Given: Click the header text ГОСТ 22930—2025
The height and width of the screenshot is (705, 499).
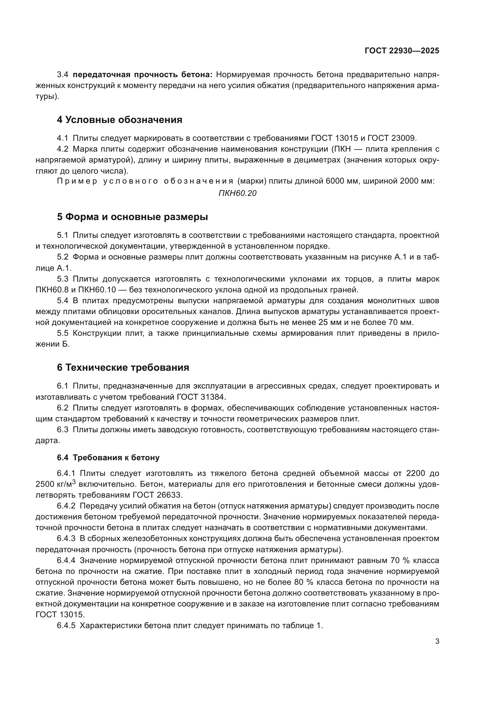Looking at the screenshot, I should coord(402,51).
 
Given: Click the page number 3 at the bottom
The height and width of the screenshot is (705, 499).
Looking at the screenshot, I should coord(437,641).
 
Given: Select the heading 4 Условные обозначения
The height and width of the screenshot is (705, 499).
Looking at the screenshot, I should coord(119,120).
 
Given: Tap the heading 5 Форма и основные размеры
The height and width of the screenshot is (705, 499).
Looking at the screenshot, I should coord(132,217).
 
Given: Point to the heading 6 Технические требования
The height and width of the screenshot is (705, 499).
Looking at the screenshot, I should coord(123,367).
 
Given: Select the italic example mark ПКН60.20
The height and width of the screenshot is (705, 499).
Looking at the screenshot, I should coord(237,193).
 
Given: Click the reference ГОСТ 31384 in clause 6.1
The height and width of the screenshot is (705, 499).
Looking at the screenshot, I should coord(201,397).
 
